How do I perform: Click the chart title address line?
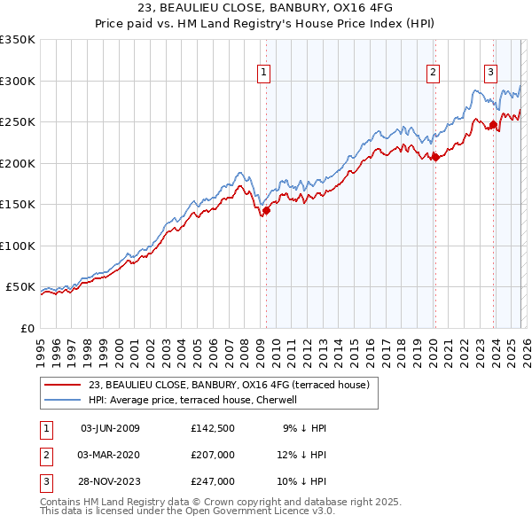click(265, 7)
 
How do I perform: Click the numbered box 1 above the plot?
click(264, 74)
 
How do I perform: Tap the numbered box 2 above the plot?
click(433, 74)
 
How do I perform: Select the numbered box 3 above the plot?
click(490, 74)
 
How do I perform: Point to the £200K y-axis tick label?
click(18, 163)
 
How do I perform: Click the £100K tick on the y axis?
click(18, 246)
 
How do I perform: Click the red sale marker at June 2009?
click(266, 210)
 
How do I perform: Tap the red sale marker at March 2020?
click(434, 158)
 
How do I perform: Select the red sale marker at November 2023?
click(493, 124)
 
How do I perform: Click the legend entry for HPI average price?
click(197, 400)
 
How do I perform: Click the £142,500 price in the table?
click(212, 428)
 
